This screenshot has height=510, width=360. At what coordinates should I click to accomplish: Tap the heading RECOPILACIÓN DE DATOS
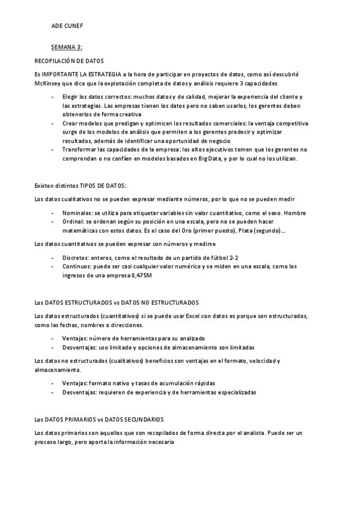pyautogui.click(x=69, y=61)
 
